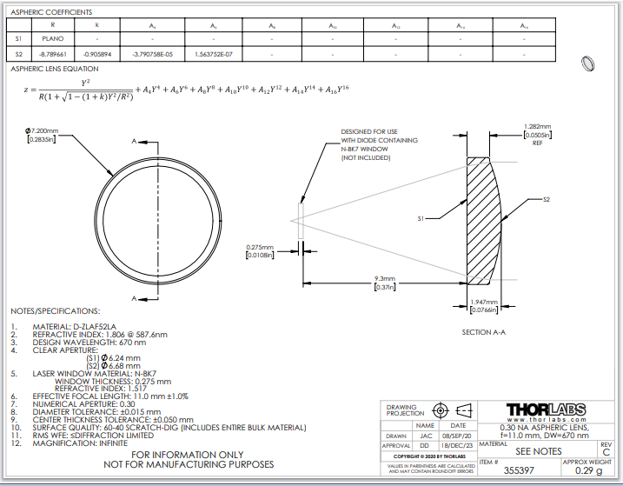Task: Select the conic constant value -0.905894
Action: click(x=97, y=53)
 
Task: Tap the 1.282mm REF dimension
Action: click(x=534, y=130)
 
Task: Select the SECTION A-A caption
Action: click(x=484, y=331)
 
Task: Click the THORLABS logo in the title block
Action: click(x=546, y=409)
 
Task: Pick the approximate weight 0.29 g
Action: click(x=588, y=470)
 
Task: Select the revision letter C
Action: click(x=606, y=452)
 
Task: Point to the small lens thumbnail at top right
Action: click(x=590, y=63)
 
